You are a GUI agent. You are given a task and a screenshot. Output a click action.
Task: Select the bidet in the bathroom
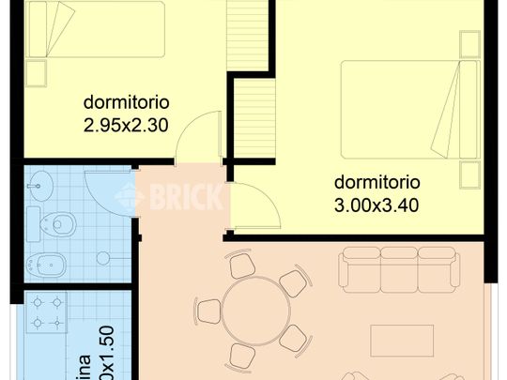click(42, 262)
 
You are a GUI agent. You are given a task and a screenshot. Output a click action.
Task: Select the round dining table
click(251, 312)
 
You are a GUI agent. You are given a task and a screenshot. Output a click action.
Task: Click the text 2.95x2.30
click(126, 122)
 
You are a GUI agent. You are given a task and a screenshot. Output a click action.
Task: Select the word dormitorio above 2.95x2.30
click(126, 101)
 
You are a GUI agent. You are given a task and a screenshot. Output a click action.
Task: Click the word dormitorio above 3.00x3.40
click(376, 182)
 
